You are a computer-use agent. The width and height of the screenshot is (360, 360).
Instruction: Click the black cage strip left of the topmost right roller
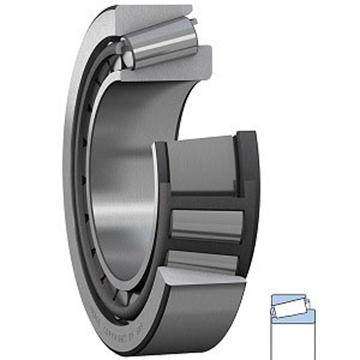click(x=161, y=175)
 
